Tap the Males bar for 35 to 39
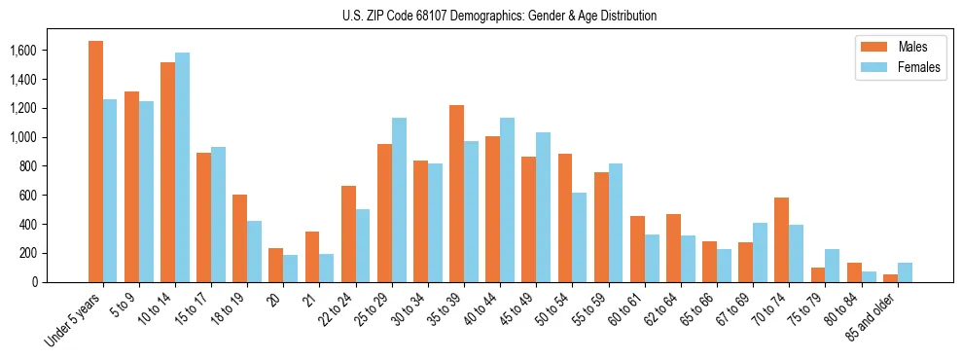[456, 194]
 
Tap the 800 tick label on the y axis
[27, 166]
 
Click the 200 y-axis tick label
[27, 253]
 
